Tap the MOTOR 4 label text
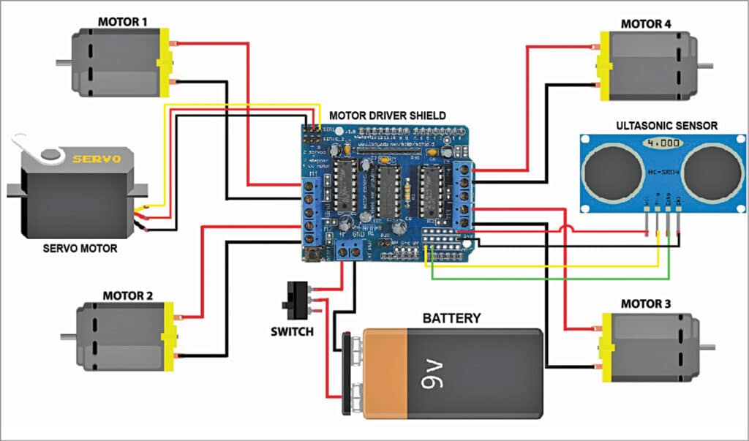click(646, 23)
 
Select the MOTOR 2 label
click(127, 296)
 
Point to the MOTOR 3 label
click(646, 304)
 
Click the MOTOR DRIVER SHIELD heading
click(387, 116)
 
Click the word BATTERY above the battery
click(452, 318)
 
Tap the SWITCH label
click(291, 331)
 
